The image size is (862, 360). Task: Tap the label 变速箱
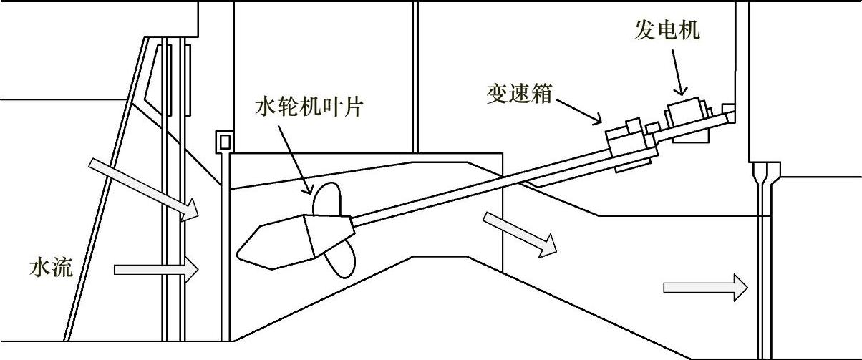pyautogui.click(x=517, y=94)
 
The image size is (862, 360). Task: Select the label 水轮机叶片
pyautogui.click(x=310, y=108)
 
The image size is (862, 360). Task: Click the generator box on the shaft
pyautogui.click(x=685, y=115)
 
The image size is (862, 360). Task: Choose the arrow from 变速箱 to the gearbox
pyautogui.click(x=581, y=112)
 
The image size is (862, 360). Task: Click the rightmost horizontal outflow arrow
pyautogui.click(x=705, y=288)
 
